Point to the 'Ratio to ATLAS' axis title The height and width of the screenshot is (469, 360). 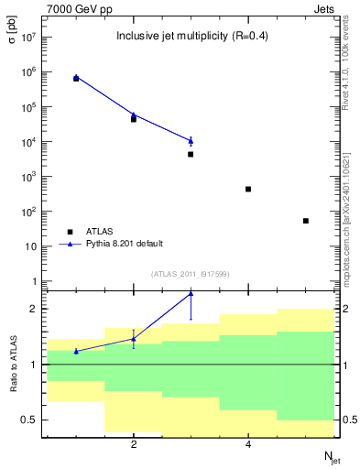(x=14, y=365)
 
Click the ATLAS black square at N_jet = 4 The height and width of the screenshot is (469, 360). (x=248, y=189)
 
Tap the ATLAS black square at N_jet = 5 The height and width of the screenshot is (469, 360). (x=306, y=221)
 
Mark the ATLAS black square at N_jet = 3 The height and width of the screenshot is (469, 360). (x=191, y=154)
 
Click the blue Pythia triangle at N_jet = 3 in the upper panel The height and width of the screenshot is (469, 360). (x=191, y=140)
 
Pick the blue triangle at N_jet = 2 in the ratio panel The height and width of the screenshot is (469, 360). (x=134, y=339)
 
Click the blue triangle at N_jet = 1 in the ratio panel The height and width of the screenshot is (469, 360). (x=76, y=351)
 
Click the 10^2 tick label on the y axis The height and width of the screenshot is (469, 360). (x=27, y=212)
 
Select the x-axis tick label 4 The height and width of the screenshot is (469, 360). (x=248, y=445)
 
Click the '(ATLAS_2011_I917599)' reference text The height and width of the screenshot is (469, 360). (x=191, y=274)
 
